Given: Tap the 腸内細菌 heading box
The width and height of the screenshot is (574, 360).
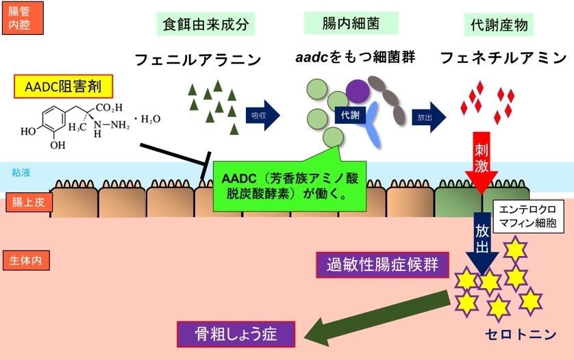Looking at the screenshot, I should click(341, 24).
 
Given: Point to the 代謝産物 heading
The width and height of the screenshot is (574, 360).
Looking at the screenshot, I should click(498, 25).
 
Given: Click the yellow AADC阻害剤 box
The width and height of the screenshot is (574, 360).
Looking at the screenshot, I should click(64, 86).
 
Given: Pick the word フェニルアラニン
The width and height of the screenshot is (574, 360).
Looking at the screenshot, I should click(198, 60).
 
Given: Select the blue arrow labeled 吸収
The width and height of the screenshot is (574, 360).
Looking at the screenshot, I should click(262, 114).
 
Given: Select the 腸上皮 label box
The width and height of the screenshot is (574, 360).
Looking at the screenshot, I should click(27, 203).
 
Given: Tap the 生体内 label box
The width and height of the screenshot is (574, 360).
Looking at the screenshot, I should click(27, 260).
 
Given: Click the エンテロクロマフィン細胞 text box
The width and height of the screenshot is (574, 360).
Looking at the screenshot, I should click(527, 214).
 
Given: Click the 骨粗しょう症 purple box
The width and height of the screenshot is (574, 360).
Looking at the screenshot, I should click(236, 334).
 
